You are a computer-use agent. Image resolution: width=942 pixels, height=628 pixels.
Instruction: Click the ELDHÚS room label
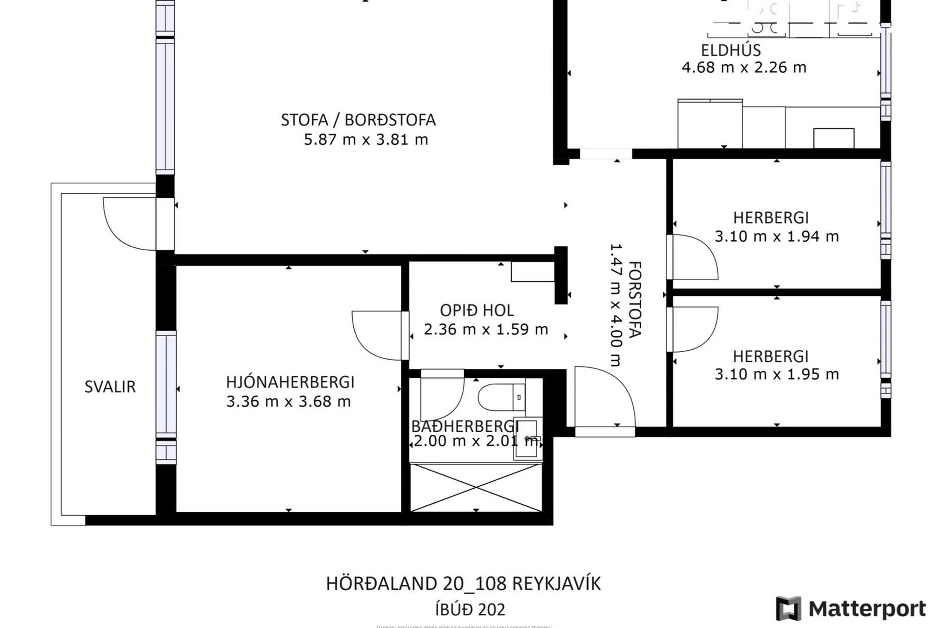point(731,50)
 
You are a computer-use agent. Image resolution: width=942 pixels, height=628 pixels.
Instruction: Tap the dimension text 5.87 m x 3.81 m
point(366,140)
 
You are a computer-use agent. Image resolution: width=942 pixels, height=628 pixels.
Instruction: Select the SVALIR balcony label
point(110,387)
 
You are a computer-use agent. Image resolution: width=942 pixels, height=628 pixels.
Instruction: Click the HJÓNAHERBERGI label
point(290,382)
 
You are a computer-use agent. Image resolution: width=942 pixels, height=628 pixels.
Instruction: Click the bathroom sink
point(528,439)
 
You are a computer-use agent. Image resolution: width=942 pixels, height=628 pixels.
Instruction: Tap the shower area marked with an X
point(476,487)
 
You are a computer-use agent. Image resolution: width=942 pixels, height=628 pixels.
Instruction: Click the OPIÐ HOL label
point(476,311)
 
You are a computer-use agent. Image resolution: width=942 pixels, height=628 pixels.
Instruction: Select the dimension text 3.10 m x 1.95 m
point(776,374)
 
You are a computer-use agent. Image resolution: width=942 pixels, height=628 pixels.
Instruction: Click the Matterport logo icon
point(788,608)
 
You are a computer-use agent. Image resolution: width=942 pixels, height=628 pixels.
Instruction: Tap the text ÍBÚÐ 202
point(470,610)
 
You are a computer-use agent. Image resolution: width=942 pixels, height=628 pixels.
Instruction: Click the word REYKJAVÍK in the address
point(556,584)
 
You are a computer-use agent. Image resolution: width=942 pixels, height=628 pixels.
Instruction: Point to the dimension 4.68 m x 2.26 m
point(743,68)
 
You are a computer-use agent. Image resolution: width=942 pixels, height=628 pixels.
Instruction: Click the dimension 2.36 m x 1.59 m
point(485,330)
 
